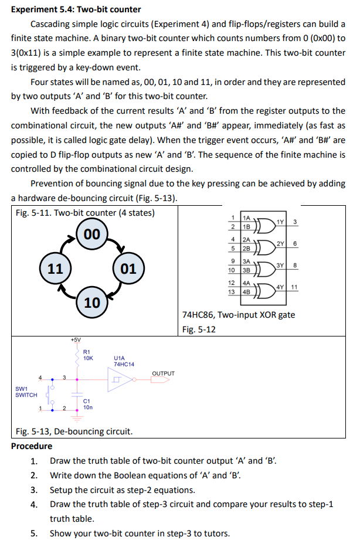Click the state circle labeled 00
click(92, 234)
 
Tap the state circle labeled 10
click(92, 302)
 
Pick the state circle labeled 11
click(55, 269)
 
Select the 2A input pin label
click(247, 239)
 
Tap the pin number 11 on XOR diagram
click(294, 287)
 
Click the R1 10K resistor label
click(89, 355)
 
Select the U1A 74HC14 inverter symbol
click(121, 380)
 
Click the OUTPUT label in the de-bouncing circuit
click(163, 373)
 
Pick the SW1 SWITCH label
click(26, 392)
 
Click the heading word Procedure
click(32, 446)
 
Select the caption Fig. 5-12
click(199, 329)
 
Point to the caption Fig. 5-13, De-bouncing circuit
click(73, 432)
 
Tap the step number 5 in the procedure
click(34, 533)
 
